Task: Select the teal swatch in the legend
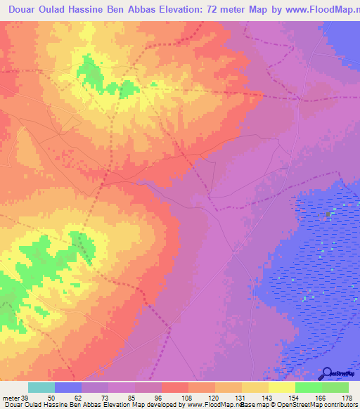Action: point(41,387)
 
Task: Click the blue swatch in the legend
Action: point(68,387)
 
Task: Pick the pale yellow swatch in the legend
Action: point(282,387)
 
